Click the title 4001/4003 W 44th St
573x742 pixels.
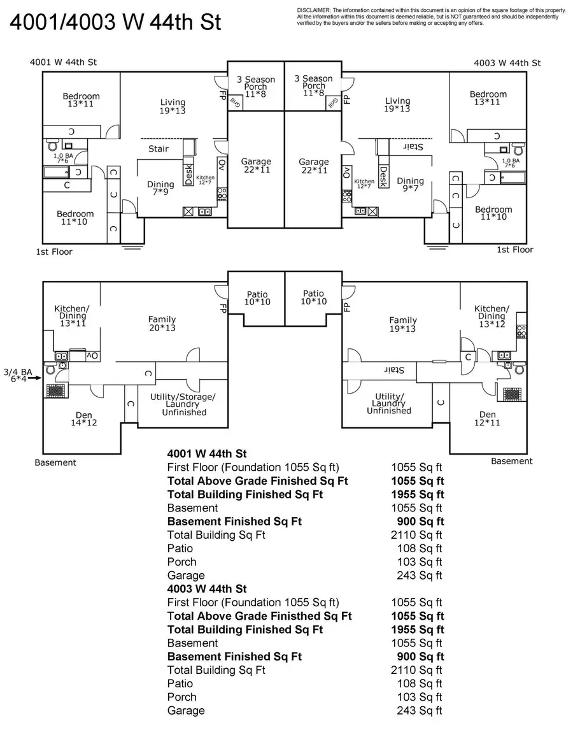(115, 22)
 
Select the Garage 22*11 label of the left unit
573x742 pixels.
(256, 166)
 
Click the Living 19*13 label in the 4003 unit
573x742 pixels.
(398, 105)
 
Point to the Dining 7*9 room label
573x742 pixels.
(160, 189)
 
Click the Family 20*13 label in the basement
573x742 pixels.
(162, 324)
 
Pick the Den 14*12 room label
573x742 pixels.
(83, 418)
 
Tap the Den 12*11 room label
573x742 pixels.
(487, 418)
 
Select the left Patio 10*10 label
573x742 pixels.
(257, 297)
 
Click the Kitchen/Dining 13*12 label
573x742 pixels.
(491, 316)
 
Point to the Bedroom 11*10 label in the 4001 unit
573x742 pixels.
(75, 218)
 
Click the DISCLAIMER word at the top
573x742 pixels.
(313, 10)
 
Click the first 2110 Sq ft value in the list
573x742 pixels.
(416, 535)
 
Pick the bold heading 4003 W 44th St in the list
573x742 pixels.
(207, 589)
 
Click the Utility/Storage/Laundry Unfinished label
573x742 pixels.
(182, 404)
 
